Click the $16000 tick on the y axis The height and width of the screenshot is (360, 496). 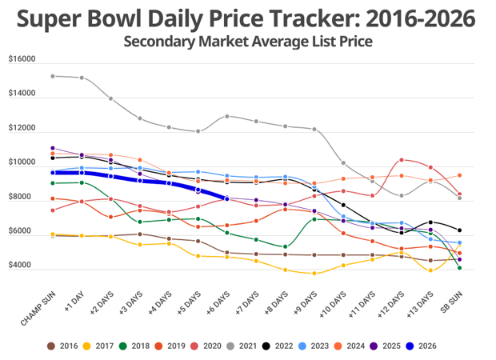pos(22,59)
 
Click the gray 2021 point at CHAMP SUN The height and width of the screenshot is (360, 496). pos(53,76)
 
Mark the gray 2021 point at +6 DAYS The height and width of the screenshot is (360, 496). pos(227,116)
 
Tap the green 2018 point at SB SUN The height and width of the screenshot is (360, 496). pos(459,268)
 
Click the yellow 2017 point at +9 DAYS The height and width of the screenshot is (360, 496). pos(314,274)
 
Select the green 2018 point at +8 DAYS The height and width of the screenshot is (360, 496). pos(286,246)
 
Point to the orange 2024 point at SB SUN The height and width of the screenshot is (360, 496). pos(459,175)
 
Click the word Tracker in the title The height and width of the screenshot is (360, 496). pos(314,18)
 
